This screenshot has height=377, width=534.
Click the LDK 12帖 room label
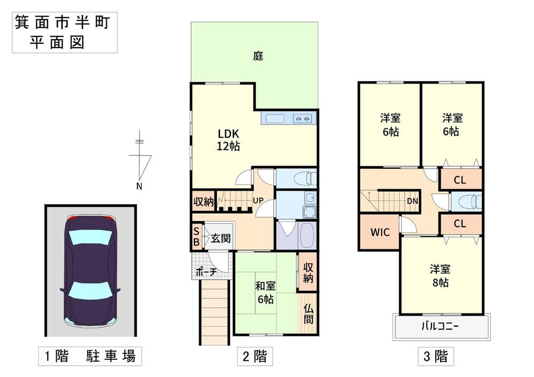click(228, 139)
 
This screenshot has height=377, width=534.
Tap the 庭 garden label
click(258, 56)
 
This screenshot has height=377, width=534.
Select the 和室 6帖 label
click(265, 293)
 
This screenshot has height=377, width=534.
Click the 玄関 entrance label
click(221, 238)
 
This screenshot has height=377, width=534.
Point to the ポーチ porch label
click(206, 272)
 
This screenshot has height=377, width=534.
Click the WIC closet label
click(380, 232)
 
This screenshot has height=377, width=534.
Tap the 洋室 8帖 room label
click(440, 276)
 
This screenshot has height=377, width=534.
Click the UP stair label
click(258, 201)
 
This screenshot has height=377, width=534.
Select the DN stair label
click(412, 201)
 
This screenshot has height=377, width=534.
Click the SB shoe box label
click(196, 237)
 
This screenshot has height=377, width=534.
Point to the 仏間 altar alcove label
click(308, 314)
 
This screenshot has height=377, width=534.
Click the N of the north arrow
click(139, 186)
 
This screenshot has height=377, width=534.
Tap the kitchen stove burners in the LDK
click(302, 119)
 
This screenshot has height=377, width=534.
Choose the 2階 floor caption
click(255, 356)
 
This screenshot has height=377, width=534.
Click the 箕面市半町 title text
click(62, 22)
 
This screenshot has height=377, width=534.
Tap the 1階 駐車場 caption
click(90, 356)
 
